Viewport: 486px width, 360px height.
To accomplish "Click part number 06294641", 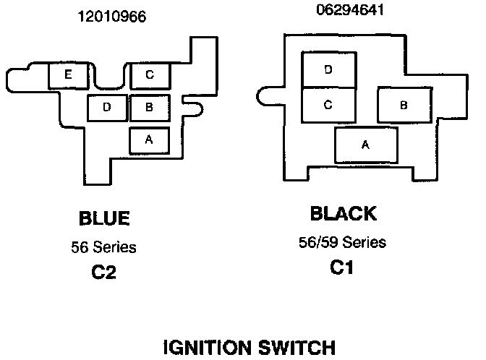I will pos(349,10).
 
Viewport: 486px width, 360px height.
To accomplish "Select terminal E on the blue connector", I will pos(67,75).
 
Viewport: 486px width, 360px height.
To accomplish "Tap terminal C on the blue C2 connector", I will pos(149,74).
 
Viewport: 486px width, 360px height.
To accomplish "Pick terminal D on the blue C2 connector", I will pos(106,108).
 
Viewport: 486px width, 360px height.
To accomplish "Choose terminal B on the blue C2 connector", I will pos(149,108).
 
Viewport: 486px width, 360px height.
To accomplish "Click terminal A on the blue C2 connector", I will pos(149,140).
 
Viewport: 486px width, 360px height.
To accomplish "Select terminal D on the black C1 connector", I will pos(328,70).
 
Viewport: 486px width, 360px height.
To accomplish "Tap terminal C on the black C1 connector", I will pos(328,106).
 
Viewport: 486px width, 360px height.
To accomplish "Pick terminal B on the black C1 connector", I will pos(404,106).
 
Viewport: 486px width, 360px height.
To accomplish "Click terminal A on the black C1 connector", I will pos(366,145).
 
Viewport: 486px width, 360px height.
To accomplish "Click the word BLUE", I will pos(103,218).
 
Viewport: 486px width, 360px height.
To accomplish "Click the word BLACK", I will pos(343,214).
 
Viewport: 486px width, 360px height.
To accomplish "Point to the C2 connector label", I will pos(103,273).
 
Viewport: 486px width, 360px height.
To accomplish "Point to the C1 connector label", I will pos(343,267).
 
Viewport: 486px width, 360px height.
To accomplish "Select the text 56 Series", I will pos(103,247).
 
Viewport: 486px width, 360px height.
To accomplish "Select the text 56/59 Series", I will pos(343,241).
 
